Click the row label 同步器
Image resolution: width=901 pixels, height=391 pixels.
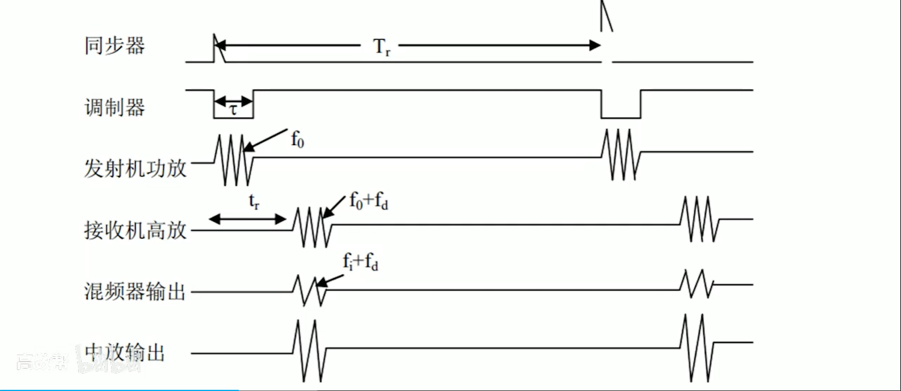[x=115, y=46]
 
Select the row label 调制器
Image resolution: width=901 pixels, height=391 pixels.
[x=115, y=107]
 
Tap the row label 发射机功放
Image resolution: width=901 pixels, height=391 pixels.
[x=136, y=169]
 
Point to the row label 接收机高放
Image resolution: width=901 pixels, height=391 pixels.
[x=136, y=230]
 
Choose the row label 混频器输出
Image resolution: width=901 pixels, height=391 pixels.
[x=136, y=292]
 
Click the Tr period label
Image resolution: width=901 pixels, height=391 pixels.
[x=382, y=47]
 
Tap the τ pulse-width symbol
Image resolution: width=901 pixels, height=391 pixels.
[x=233, y=110]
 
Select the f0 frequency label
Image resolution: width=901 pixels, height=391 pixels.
[x=298, y=140]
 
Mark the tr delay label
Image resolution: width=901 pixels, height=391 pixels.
[x=254, y=203]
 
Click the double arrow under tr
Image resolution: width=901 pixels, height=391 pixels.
[x=247, y=220]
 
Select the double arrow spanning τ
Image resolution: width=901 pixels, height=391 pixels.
[x=233, y=101]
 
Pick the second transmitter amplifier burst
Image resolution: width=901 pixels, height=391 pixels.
[x=621, y=154]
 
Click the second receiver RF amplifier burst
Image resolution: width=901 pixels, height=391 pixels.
[x=699, y=218]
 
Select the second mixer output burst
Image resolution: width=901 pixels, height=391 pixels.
[x=697, y=284]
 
